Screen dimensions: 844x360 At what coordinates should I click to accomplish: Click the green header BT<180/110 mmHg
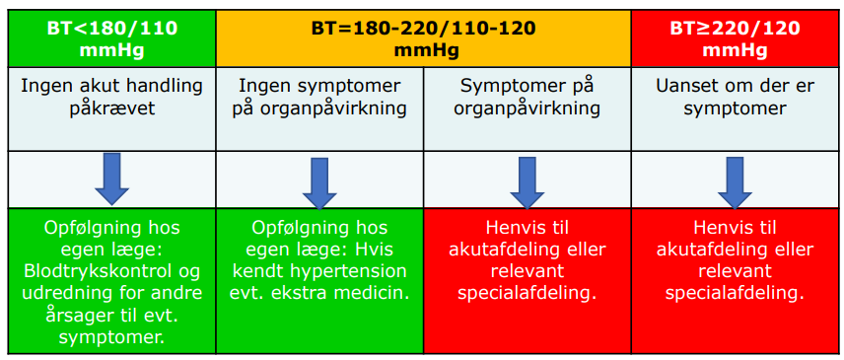(x=112, y=38)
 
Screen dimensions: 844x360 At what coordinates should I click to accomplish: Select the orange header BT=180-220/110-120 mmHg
(x=424, y=38)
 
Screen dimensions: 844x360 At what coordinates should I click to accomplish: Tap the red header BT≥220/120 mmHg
(x=735, y=38)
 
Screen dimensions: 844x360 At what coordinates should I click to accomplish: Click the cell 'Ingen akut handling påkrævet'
(x=112, y=108)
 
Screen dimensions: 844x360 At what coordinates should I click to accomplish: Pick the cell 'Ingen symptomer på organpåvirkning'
(x=319, y=108)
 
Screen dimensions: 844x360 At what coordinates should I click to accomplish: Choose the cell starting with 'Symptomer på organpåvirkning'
(x=527, y=108)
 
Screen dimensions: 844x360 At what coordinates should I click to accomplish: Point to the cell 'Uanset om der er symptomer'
(x=735, y=108)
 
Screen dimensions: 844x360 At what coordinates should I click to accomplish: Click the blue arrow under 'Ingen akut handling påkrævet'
(x=112, y=180)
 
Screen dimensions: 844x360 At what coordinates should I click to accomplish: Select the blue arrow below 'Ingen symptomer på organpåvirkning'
(x=319, y=183)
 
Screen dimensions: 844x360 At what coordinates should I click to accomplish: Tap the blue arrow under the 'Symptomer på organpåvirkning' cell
(x=527, y=183)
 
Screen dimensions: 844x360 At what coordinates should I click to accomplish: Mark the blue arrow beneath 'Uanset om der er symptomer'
(x=735, y=183)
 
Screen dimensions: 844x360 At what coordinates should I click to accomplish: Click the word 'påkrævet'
(x=112, y=109)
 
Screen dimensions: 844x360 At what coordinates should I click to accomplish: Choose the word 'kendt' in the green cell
(x=254, y=271)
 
